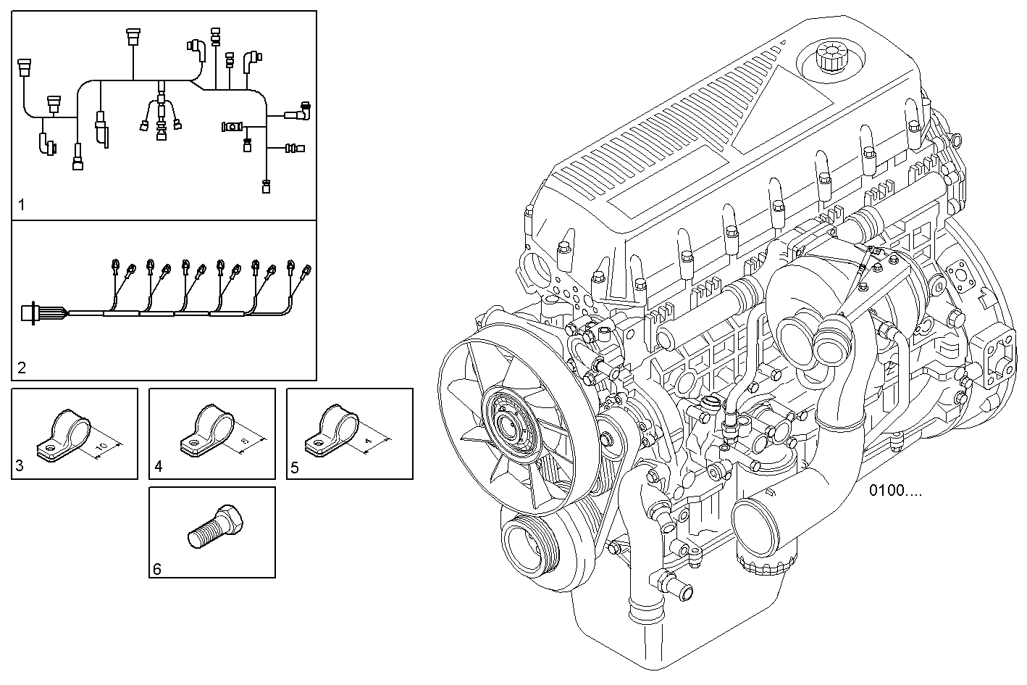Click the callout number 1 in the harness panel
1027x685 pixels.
[x=22, y=206]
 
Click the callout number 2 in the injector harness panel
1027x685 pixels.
[x=22, y=368]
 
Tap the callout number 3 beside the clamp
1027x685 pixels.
[x=20, y=467]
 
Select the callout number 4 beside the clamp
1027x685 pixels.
[x=158, y=467]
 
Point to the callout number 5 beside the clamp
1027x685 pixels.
[x=295, y=467]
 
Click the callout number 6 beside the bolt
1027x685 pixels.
[x=157, y=568]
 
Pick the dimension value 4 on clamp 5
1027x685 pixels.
[x=369, y=441]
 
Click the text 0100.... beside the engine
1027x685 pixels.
[x=896, y=491]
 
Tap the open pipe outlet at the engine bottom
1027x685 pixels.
[x=763, y=519]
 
